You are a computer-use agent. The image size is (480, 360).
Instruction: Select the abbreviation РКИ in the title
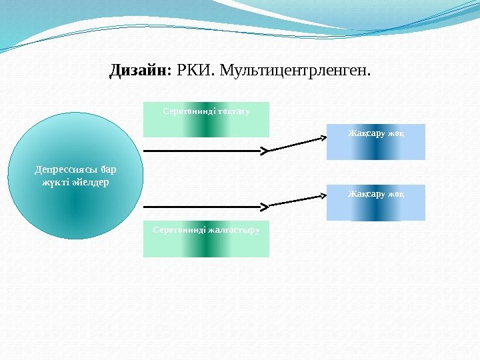click(194, 69)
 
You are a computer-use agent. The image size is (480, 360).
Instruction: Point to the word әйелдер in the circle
click(93, 181)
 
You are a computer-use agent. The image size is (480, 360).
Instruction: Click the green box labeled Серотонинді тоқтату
click(207, 119)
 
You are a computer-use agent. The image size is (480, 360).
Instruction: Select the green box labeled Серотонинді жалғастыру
click(207, 239)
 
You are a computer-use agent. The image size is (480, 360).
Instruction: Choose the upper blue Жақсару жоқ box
click(375, 141)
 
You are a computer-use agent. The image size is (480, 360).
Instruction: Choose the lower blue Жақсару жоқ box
click(375, 203)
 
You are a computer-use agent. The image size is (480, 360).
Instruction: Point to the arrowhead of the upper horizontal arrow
click(264, 151)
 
